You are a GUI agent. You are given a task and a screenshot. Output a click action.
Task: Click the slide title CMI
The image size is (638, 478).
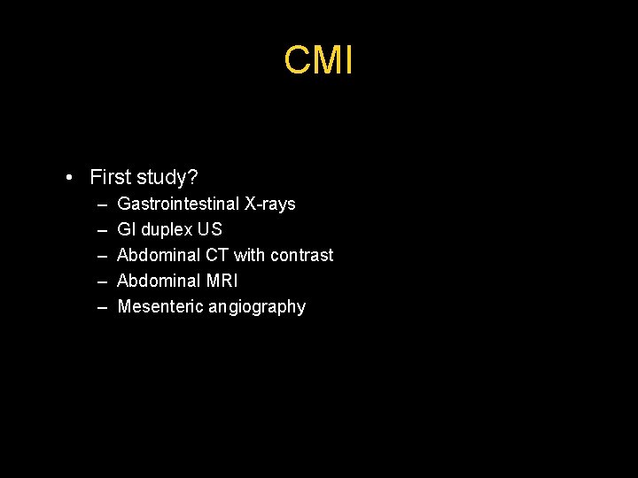[319, 60]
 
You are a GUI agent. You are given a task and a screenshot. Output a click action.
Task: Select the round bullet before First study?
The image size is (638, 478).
[69, 178]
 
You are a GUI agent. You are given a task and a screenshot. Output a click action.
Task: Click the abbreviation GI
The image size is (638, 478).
[127, 229]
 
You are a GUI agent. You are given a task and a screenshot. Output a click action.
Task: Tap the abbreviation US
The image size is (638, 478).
[211, 229]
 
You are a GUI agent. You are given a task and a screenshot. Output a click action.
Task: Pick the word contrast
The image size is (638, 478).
[301, 255]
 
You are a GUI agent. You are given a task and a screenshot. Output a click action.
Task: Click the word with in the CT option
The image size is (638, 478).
[249, 255]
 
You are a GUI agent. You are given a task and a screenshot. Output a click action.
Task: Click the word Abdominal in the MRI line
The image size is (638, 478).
[159, 281]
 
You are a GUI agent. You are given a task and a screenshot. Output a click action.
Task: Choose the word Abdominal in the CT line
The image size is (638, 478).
[159, 255]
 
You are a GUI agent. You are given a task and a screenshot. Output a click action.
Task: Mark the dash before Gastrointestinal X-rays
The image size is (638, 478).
[102, 204]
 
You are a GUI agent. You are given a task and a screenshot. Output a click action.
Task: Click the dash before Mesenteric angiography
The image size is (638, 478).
[102, 307]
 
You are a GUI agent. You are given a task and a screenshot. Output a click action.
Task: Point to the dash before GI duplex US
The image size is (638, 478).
[102, 230]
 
